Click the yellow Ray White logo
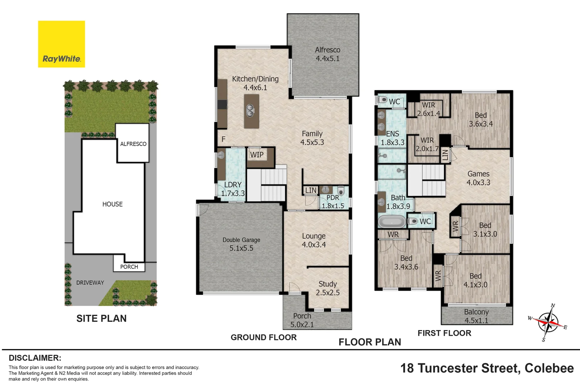[x=62, y=44]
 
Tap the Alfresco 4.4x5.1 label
[x=327, y=54]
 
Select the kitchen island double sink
[x=250, y=111]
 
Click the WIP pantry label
[x=257, y=155]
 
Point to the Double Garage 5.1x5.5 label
[x=241, y=244]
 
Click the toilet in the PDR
[x=341, y=191]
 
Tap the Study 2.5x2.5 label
[x=327, y=288]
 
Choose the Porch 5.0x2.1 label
[x=302, y=320]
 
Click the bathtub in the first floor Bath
[x=392, y=222]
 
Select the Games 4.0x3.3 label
[x=478, y=178]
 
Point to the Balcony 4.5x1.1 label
[x=476, y=316]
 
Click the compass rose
[x=548, y=322]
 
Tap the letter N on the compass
[x=553, y=305]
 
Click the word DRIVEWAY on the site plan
[x=90, y=283]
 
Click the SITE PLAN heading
[x=102, y=318]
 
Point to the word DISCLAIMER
[x=35, y=358]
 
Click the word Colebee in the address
[x=549, y=368]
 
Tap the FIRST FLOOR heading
[x=444, y=333]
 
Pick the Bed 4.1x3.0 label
[x=476, y=280]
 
